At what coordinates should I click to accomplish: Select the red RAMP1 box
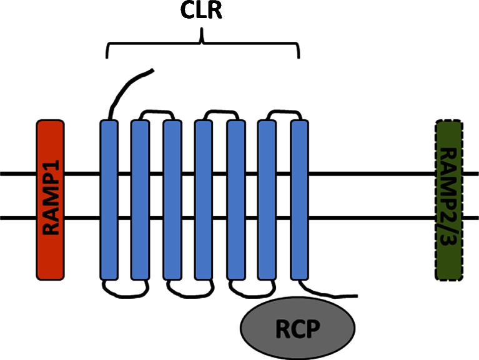click(x=50, y=199)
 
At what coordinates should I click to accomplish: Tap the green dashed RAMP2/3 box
click(x=448, y=199)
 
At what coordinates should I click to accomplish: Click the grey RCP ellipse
click(x=298, y=328)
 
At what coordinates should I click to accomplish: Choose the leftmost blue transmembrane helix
click(x=109, y=199)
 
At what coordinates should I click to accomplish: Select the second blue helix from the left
click(x=140, y=199)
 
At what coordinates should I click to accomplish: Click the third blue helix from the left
click(x=172, y=199)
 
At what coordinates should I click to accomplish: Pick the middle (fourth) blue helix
click(x=204, y=199)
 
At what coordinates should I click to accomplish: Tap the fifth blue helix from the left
click(x=235, y=199)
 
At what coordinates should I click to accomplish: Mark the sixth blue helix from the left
click(x=267, y=199)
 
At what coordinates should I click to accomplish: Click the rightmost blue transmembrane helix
click(x=300, y=199)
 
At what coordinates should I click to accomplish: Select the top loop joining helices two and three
click(x=156, y=112)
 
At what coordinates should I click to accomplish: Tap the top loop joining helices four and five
click(x=220, y=112)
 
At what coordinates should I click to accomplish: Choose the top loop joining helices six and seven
click(x=284, y=112)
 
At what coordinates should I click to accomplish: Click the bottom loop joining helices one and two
click(x=124, y=288)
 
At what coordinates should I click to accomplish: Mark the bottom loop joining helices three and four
click(x=187, y=288)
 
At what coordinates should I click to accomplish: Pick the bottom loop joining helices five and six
click(x=251, y=288)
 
